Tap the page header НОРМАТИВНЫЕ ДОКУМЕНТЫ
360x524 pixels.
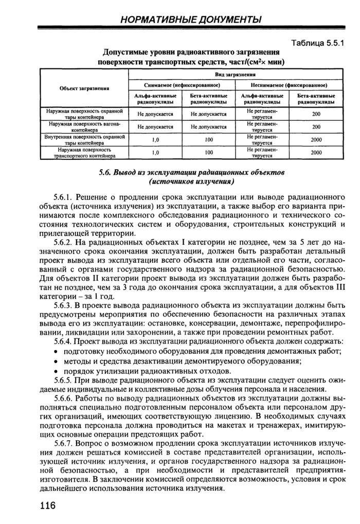tap(191, 20)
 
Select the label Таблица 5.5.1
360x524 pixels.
tap(317, 44)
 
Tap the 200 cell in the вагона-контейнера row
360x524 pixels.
tap(316, 127)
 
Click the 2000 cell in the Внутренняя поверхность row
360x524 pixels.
tap(316, 140)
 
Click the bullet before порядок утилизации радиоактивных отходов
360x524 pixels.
tap(56, 371)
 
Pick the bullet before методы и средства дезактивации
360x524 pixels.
tap(56, 361)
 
